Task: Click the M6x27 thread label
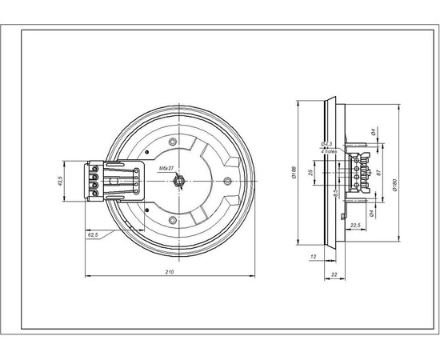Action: click(169, 167)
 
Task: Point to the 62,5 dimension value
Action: click(92, 235)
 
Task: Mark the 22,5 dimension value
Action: click(358, 225)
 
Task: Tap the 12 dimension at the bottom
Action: click(313, 257)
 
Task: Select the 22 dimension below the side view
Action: click(333, 274)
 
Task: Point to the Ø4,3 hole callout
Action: click(328, 144)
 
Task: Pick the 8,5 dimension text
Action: click(335, 192)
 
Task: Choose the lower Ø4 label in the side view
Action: click(374, 212)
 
